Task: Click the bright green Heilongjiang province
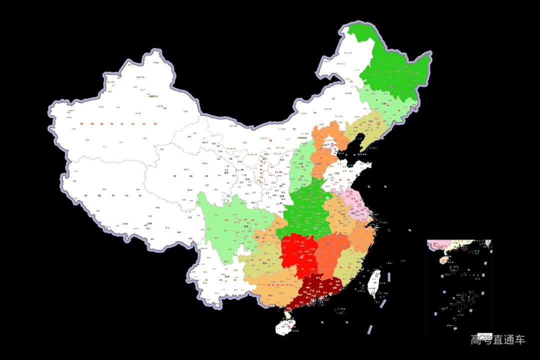click(x=395, y=75)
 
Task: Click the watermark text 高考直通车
click(x=497, y=340)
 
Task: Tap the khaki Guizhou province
click(x=262, y=260)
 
